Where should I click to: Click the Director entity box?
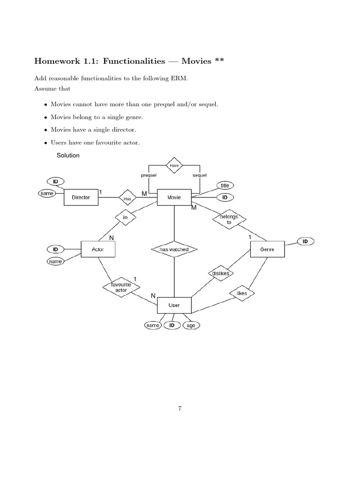point(81,197)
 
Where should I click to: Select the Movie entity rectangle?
point(174,197)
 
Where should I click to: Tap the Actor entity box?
point(98,249)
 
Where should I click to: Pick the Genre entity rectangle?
point(267,249)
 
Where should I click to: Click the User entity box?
point(174,305)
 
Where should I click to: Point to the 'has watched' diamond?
point(174,249)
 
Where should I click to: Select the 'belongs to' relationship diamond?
point(229,219)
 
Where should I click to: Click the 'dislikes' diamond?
point(220,273)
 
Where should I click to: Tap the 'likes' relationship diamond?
point(241,293)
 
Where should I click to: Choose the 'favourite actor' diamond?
point(121,287)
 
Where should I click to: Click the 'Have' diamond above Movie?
point(174,165)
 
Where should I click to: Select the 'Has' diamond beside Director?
point(127,198)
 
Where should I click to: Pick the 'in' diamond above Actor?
point(125,217)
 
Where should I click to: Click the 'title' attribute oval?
point(225,186)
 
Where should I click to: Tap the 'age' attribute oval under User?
point(191,325)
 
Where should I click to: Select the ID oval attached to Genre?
point(305,241)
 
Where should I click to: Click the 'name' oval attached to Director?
point(47,193)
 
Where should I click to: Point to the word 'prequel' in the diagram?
point(149,175)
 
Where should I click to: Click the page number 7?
point(180,408)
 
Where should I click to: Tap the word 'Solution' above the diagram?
point(68,155)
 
